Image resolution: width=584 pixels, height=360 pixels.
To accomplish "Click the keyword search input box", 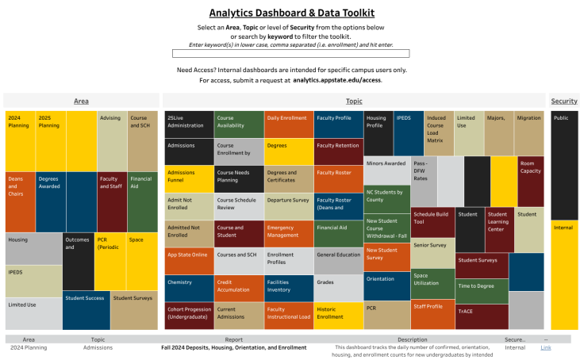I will click(x=291, y=53).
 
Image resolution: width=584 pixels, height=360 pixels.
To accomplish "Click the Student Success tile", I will click(x=86, y=312).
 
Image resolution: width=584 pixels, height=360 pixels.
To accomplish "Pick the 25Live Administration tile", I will click(x=189, y=125).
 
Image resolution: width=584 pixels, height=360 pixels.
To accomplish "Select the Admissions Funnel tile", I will click(x=189, y=179).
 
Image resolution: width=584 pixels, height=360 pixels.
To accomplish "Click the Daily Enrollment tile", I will click(x=288, y=125).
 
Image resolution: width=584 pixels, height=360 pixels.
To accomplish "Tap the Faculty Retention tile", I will click(x=338, y=151).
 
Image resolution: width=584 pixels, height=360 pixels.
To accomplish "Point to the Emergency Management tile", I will click(x=288, y=233).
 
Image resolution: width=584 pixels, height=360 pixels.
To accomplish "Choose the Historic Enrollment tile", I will click(x=338, y=315).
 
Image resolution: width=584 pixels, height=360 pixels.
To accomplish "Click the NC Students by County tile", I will click(x=387, y=198).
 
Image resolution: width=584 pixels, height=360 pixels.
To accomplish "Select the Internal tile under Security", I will click(x=564, y=274).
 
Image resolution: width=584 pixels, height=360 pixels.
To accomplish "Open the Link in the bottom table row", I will click(x=545, y=347).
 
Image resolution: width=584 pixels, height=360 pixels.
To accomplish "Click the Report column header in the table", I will click(x=233, y=339).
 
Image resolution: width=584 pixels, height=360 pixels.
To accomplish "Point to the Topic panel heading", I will click(x=354, y=101).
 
